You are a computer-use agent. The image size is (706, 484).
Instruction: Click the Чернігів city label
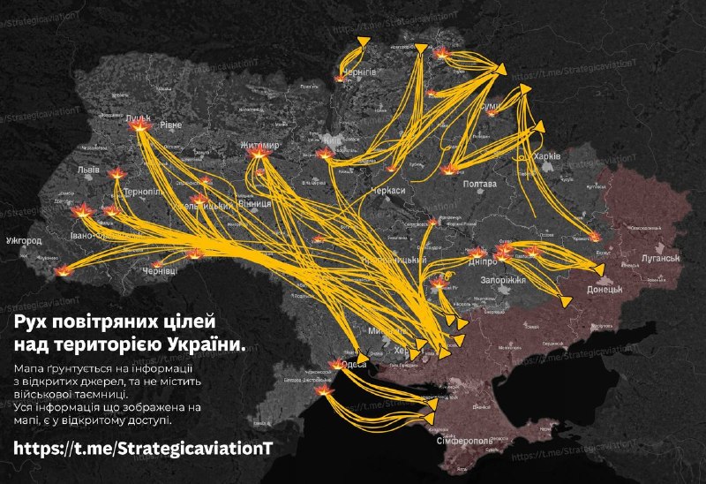click(x=358, y=71)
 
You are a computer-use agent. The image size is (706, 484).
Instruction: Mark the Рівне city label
click(x=170, y=125)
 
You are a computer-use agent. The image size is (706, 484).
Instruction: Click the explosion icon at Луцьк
click(x=138, y=128)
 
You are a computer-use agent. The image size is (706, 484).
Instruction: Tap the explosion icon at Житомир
click(x=258, y=155)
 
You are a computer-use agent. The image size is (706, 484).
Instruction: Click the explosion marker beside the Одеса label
click(x=336, y=364)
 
